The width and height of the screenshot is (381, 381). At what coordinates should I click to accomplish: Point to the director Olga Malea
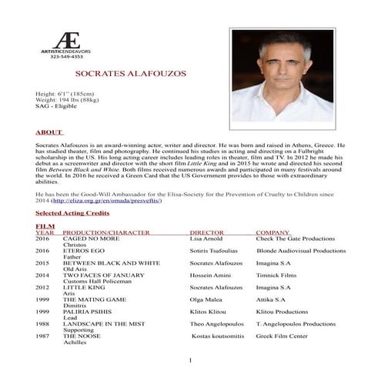point(206,299)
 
